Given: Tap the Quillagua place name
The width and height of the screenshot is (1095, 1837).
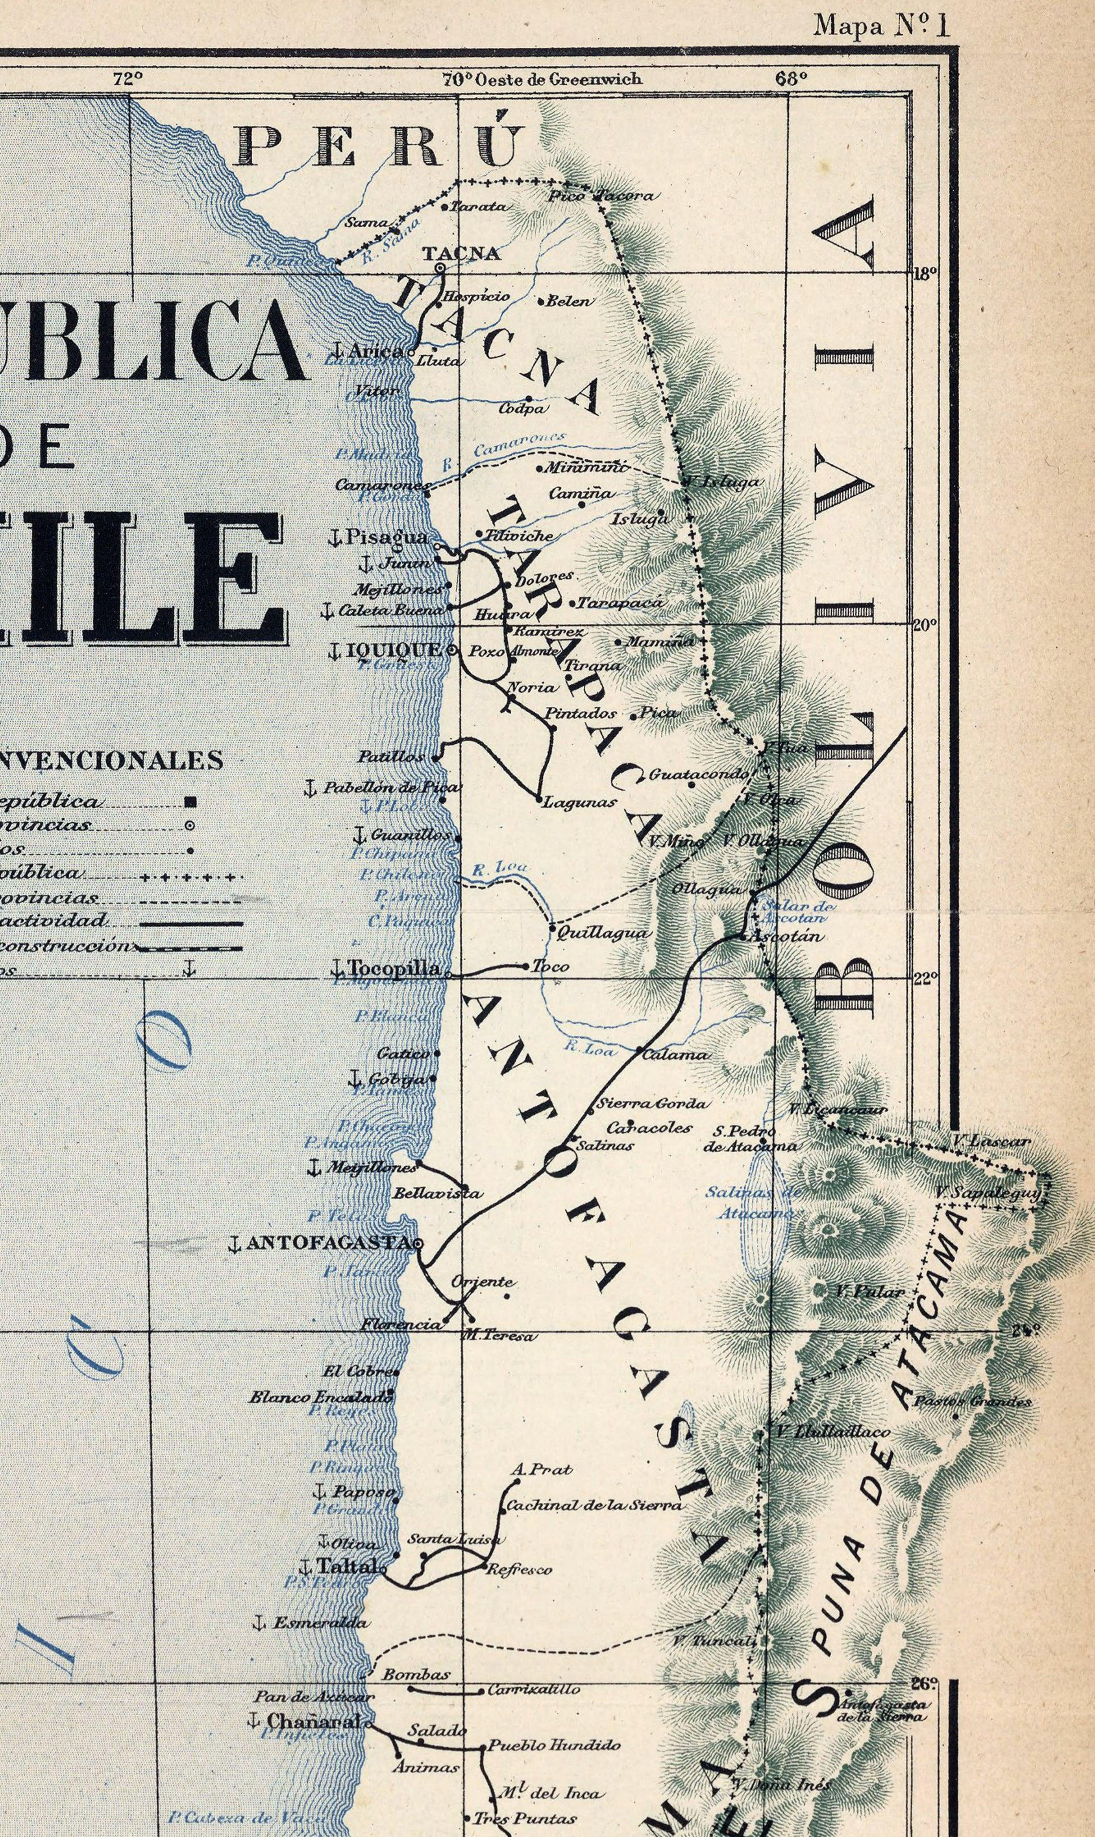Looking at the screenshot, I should coord(602,932).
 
